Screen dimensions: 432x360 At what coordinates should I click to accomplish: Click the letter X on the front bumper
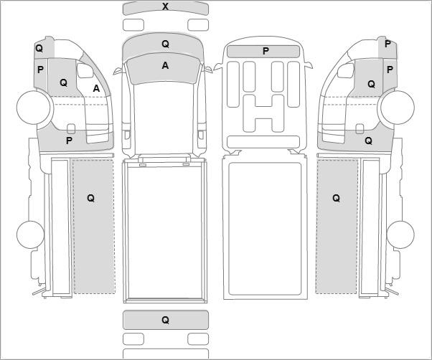pyautogui.click(x=165, y=6)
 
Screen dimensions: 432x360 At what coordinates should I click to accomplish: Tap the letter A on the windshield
pyautogui.click(x=165, y=65)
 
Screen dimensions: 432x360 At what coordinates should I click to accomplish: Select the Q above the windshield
pyautogui.click(x=165, y=44)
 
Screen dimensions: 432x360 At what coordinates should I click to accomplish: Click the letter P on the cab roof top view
pyautogui.click(x=266, y=51)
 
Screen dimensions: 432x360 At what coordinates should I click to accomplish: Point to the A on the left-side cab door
pyautogui.click(x=96, y=88)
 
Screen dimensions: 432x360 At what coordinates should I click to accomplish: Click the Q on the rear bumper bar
pyautogui.click(x=165, y=320)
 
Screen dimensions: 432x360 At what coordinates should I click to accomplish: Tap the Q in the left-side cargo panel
pyautogui.click(x=90, y=198)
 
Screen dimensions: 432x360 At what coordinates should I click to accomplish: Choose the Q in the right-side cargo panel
pyautogui.click(x=336, y=198)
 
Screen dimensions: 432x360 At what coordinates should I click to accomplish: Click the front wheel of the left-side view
pyautogui.click(x=34, y=107)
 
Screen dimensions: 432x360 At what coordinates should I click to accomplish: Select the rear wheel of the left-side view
pyautogui.click(x=30, y=235)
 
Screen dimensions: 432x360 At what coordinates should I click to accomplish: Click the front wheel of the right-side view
pyautogui.click(x=398, y=107)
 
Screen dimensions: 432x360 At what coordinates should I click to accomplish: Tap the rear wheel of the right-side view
pyautogui.click(x=400, y=235)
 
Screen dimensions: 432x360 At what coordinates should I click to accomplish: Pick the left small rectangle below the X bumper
pyautogui.click(x=133, y=25)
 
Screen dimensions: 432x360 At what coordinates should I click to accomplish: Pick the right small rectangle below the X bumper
pyautogui.click(x=198, y=25)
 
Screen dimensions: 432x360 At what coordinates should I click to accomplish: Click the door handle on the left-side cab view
pyautogui.click(x=71, y=129)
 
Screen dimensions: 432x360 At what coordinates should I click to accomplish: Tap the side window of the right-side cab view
pyautogui.click(x=345, y=71)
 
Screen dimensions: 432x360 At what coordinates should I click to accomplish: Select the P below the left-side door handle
pyautogui.click(x=69, y=141)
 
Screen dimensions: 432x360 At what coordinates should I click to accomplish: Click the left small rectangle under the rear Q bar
pyautogui.click(x=133, y=338)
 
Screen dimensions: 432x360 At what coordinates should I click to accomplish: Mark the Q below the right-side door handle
pyautogui.click(x=368, y=141)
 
